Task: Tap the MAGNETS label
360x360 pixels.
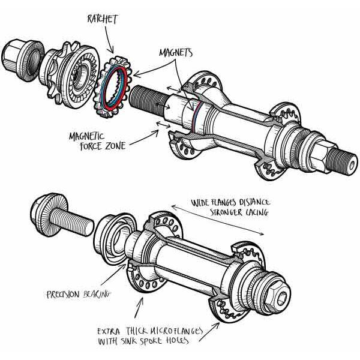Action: coord(176,53)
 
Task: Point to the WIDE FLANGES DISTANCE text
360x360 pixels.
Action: coord(230,202)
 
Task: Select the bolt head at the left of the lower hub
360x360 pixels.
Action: coord(45,210)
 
